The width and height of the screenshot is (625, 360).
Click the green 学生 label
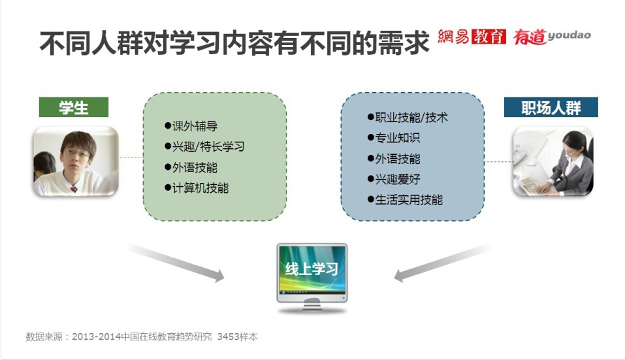(x=74, y=107)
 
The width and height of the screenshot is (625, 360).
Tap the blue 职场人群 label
(x=551, y=107)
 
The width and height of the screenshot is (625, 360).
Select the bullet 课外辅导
(x=191, y=126)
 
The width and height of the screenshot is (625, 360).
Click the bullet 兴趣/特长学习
(x=204, y=147)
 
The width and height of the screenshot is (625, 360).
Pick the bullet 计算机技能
(x=197, y=188)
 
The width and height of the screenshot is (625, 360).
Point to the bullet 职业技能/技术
(x=408, y=117)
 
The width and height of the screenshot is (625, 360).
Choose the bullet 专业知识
(x=394, y=138)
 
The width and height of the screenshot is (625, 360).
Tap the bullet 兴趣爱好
(x=394, y=179)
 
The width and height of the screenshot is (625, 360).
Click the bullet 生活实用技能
(x=405, y=200)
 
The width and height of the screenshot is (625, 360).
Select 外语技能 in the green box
(x=191, y=167)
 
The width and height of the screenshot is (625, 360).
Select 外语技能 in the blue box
(x=394, y=159)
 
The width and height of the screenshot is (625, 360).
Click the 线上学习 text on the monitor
(x=312, y=269)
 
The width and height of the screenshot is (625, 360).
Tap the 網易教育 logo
(x=472, y=37)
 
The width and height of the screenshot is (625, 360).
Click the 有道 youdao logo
(x=552, y=37)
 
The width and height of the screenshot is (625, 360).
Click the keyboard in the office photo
(x=532, y=186)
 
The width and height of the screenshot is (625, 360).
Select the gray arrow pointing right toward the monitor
(x=176, y=263)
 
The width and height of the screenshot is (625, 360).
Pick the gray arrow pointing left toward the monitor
(x=442, y=263)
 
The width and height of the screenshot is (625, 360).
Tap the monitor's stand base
(x=312, y=308)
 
